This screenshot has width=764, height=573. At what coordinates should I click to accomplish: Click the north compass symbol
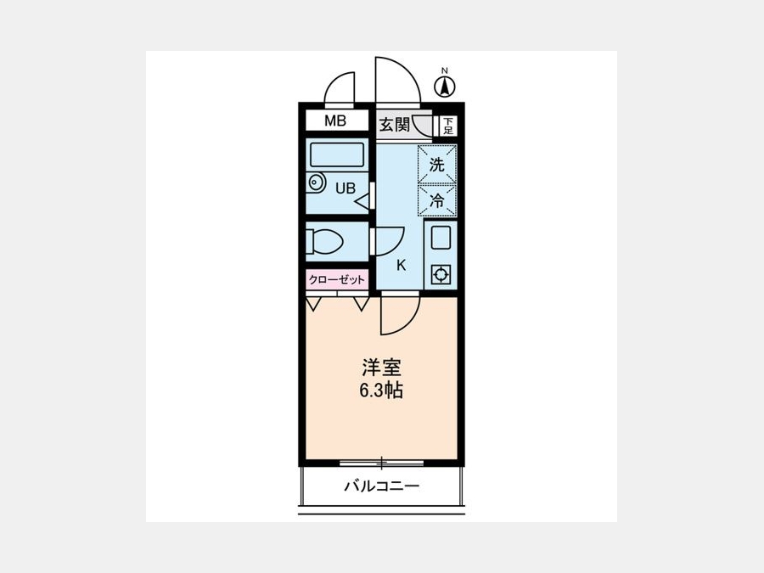[x=444, y=87]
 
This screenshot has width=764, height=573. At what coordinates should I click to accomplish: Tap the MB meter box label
[x=335, y=121]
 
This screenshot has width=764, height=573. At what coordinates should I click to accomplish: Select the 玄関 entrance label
[x=394, y=125]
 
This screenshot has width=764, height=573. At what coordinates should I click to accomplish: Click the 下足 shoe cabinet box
[x=447, y=126]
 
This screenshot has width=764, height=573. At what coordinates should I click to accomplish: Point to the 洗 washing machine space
[x=437, y=164]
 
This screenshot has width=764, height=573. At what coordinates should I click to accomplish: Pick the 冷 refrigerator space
[x=437, y=199]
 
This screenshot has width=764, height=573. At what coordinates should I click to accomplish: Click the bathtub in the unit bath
[x=337, y=155]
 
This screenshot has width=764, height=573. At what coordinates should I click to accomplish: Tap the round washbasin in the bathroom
[x=317, y=183]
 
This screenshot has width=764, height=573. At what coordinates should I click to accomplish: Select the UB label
[x=345, y=188]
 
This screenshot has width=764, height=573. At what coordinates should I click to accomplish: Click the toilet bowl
[x=325, y=241]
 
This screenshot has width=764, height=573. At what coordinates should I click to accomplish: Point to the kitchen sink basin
[x=441, y=238]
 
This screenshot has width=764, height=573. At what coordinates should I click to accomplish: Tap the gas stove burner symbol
[x=441, y=275]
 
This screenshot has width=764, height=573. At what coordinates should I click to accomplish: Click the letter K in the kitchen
[x=401, y=266]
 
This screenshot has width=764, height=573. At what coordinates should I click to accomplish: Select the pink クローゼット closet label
[x=337, y=279]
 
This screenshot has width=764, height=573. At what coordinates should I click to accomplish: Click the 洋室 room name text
[x=381, y=368]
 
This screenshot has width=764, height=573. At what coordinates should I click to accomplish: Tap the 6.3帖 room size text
[x=381, y=390]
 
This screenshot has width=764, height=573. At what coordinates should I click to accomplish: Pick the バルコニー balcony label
[x=381, y=486]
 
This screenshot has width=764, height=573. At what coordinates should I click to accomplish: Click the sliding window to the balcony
[x=381, y=462]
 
